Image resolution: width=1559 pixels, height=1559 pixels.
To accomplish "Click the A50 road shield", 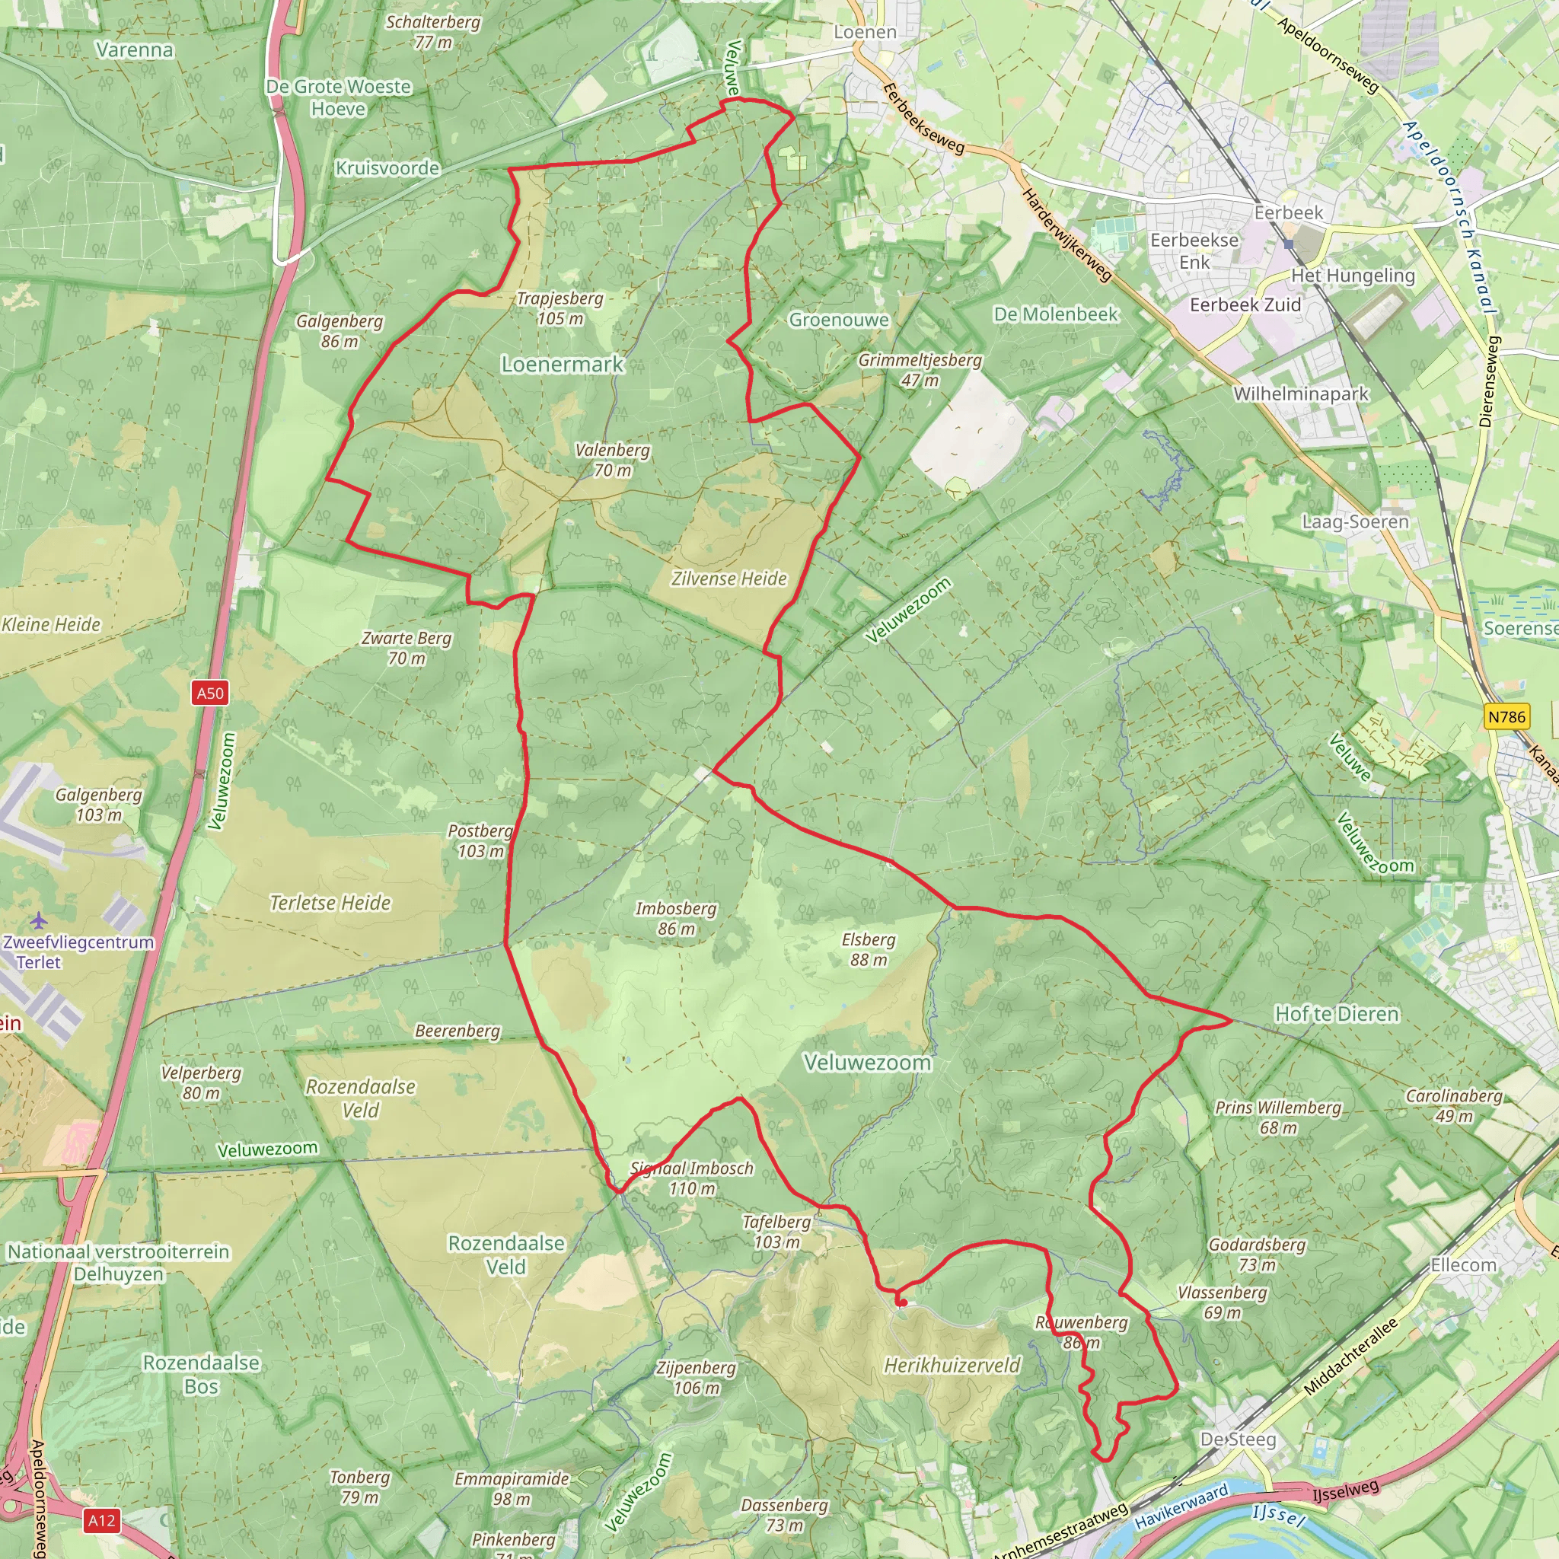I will (211, 693).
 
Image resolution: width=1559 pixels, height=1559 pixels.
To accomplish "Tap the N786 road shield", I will (1506, 716).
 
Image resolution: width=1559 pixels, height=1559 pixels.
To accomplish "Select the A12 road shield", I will (102, 1521).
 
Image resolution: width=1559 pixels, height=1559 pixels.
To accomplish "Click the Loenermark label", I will (563, 365).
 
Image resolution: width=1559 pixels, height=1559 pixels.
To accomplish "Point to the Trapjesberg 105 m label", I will (560, 308).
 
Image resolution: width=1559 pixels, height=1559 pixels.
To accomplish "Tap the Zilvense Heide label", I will (728, 579).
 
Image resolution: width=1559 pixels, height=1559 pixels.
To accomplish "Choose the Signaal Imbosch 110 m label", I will (691, 1178).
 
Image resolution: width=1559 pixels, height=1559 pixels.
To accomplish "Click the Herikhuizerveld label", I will (952, 1366).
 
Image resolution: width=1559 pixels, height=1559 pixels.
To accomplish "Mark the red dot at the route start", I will (903, 1302).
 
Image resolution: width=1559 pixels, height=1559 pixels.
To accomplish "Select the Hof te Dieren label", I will (1336, 1014).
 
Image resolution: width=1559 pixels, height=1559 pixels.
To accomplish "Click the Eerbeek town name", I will (1289, 213).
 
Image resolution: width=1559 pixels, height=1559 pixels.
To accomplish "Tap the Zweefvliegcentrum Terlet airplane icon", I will (38, 921).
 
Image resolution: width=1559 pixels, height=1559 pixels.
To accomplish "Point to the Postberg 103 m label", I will (480, 841).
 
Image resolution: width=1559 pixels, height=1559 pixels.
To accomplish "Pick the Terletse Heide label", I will (330, 903).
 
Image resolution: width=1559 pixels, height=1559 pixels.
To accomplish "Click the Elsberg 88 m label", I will (869, 950).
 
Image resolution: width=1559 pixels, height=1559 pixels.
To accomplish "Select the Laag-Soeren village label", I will (1356, 522).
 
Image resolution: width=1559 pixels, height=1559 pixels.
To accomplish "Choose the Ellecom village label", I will (1464, 1264).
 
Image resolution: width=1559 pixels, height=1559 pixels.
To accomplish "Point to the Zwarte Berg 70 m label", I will (406, 648).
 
